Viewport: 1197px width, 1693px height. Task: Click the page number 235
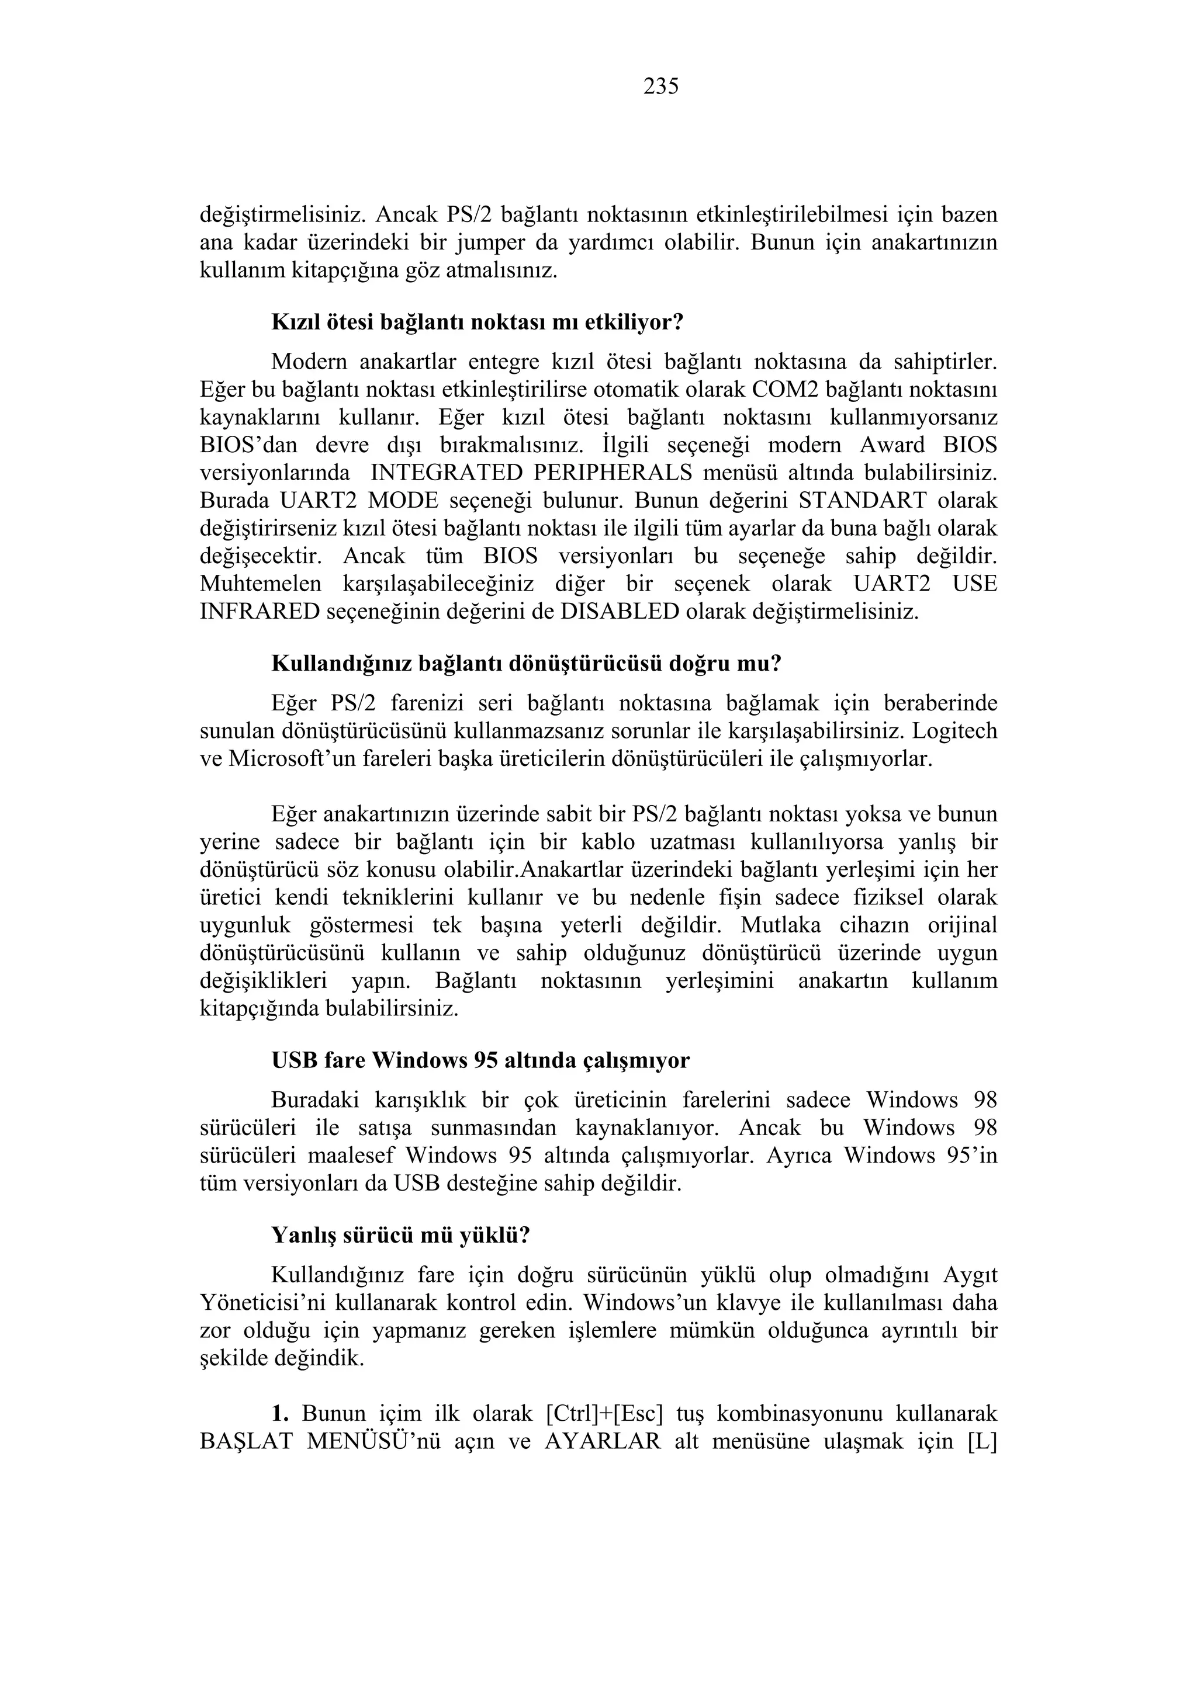661,87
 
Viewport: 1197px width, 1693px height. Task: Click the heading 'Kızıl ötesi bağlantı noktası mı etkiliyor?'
478,322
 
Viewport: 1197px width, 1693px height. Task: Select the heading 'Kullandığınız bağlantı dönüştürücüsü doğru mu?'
526,664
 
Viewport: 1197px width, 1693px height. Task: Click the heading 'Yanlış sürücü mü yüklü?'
400,1235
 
